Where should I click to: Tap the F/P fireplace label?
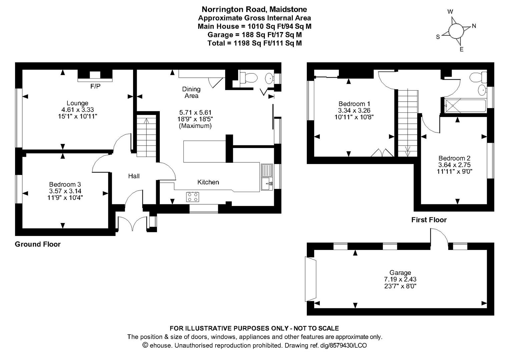tap(95, 86)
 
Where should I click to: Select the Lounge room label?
tap(77, 103)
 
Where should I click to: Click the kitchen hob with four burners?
tap(192, 197)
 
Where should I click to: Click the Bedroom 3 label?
tap(65, 184)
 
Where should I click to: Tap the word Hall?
tap(134, 176)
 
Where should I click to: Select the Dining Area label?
tap(191, 92)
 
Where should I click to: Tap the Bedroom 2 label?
tap(454, 158)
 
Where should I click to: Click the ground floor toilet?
tap(249, 78)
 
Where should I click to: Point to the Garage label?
tap(400, 272)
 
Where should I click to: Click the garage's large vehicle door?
tap(310, 279)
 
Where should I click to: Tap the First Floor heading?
tap(429, 220)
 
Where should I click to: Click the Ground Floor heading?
tap(38, 244)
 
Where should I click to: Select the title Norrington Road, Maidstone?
tap(254, 9)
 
